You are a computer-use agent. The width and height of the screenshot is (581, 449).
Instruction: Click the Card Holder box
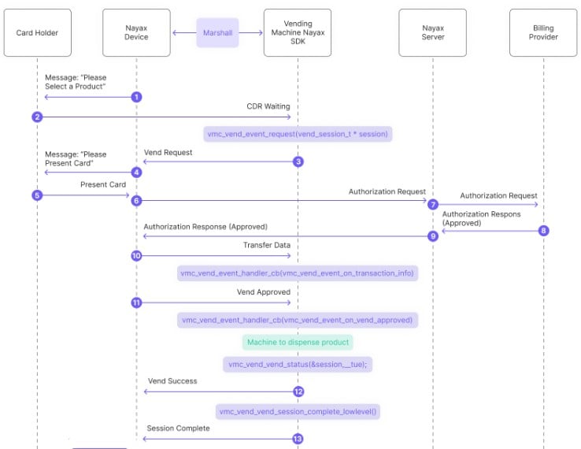tap(38, 32)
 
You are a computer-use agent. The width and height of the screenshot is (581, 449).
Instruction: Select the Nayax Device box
tap(136, 32)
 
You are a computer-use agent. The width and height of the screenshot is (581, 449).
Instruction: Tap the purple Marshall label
tap(217, 32)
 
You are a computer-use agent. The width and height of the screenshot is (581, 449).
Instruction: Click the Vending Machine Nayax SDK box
tap(298, 32)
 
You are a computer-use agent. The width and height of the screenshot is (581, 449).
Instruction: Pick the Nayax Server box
tap(433, 32)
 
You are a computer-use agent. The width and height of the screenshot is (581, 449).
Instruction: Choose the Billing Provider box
tap(543, 32)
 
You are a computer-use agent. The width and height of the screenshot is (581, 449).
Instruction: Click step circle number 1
tap(136, 97)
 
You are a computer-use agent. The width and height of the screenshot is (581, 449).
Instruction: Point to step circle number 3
tap(298, 161)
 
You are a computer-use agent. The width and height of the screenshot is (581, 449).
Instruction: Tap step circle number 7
tap(433, 204)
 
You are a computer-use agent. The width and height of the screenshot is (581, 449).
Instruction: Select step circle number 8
tap(543, 231)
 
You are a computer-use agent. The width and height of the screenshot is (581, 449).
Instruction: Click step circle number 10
tap(136, 255)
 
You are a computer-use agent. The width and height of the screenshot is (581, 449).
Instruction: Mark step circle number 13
tap(298, 439)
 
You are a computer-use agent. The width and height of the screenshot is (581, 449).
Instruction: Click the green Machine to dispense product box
tap(298, 342)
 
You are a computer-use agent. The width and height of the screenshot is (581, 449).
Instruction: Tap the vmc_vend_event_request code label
tap(298, 134)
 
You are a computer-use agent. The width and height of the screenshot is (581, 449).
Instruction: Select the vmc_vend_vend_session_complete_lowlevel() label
tap(298, 411)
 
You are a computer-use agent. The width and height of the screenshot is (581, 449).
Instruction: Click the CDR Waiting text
tap(268, 106)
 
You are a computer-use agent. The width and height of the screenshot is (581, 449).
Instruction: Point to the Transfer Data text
tap(267, 245)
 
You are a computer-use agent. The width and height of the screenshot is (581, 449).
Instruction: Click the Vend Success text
tap(172, 381)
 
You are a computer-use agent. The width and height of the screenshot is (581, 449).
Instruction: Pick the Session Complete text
tap(178, 429)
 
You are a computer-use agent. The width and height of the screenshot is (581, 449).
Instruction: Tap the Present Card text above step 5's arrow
tap(103, 184)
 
